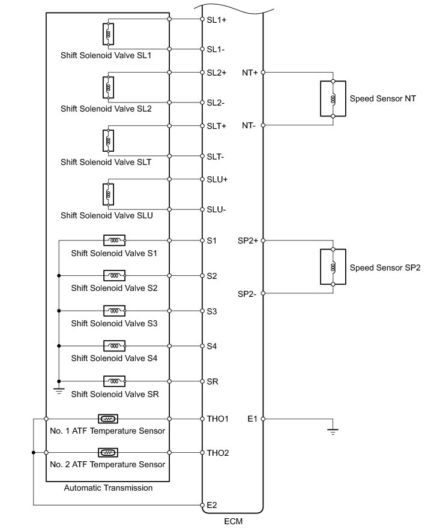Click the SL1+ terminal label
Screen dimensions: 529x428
216,19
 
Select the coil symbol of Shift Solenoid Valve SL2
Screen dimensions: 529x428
109,88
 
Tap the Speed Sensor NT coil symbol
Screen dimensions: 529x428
333,98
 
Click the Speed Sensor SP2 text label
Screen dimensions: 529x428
385,267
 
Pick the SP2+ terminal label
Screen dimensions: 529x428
248,241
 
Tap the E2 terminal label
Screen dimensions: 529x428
211,506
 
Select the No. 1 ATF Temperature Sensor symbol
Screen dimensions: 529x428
107,419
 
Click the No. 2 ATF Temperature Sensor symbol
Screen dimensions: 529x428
107,452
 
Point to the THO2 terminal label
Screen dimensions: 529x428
217,452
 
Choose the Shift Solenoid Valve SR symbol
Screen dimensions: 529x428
114,381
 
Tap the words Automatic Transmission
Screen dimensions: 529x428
108,488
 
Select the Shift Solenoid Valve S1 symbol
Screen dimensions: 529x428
114,240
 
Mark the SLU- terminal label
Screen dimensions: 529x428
216,209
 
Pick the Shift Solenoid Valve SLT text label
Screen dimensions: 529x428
106,162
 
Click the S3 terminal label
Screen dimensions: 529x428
212,311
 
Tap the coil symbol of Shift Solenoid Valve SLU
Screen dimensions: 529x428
109,194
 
